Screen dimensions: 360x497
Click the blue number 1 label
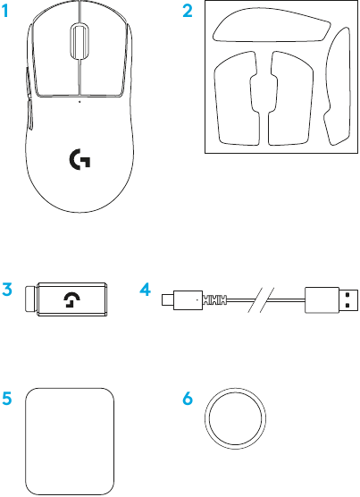pyautogui.click(x=5, y=11)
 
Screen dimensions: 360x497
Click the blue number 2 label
pyautogui.click(x=188, y=11)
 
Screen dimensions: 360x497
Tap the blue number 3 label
pyautogui.click(x=7, y=290)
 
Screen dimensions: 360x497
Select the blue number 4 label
pyautogui.click(x=145, y=290)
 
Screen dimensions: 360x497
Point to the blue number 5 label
pyautogui.click(x=7, y=399)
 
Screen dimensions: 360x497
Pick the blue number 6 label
pyautogui.click(x=188, y=399)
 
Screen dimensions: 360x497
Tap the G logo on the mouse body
pyautogui.click(x=80, y=159)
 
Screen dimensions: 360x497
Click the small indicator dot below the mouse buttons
pyautogui.click(x=80, y=102)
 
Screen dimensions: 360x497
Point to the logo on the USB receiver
pyautogui.click(x=71, y=299)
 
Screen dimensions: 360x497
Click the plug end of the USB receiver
pyautogui.click(x=30, y=299)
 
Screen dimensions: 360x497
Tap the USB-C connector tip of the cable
pyautogui.click(x=166, y=299)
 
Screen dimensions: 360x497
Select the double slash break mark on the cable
pyautogui.click(x=261, y=299)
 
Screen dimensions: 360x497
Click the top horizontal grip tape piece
pyautogui.click(x=272, y=25)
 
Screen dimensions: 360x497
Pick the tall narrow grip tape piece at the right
pyautogui.click(x=338, y=86)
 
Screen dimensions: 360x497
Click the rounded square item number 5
pyautogui.click(x=70, y=442)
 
